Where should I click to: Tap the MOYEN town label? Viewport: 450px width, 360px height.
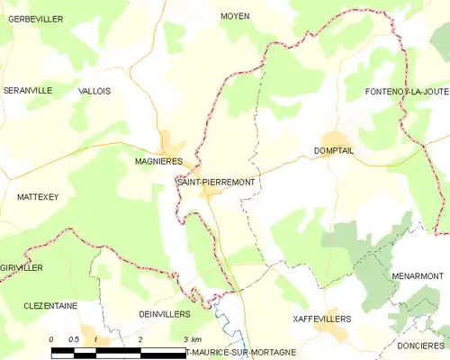(235, 16)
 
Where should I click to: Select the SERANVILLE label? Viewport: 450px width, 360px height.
(27, 91)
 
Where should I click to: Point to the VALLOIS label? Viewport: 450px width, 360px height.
(94, 91)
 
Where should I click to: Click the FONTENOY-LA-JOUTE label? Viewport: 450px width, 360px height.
(407, 92)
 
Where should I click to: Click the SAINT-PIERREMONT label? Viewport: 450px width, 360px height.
(216, 182)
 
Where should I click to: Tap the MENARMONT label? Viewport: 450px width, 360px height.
(418, 275)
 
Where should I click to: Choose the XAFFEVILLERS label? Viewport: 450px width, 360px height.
(322, 319)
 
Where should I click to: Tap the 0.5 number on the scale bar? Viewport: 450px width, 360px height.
(75, 339)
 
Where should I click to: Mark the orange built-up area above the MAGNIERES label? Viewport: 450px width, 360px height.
(170, 144)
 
